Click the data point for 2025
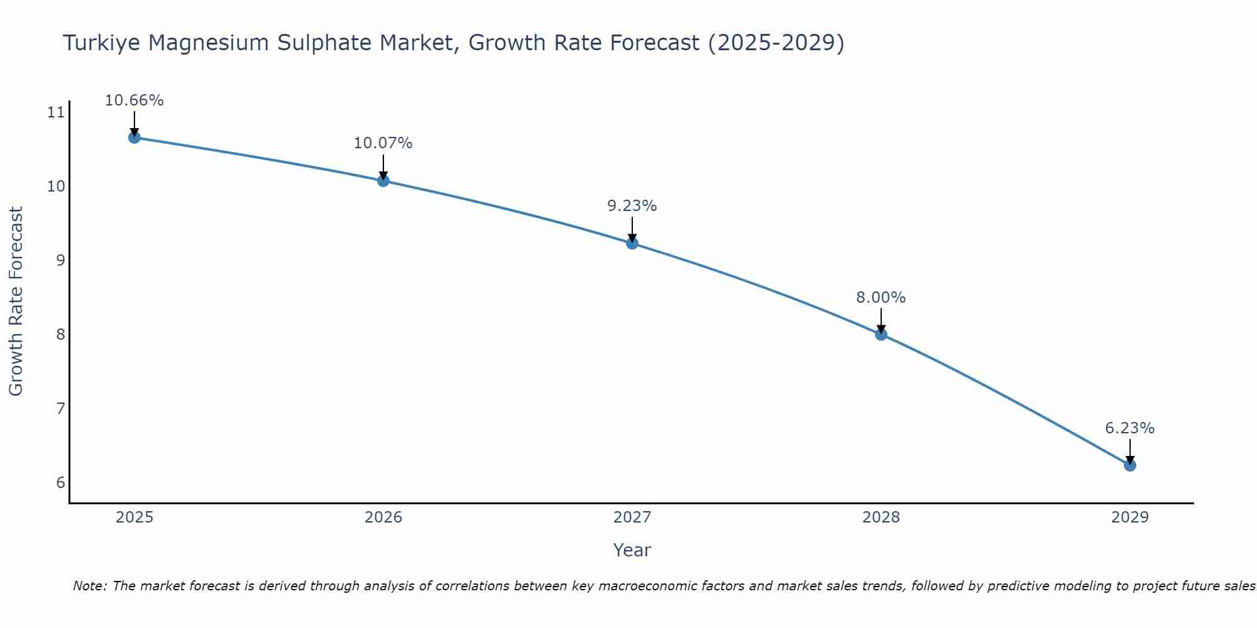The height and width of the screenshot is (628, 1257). pyautogui.click(x=134, y=138)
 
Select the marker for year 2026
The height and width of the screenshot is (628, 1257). pyautogui.click(x=383, y=181)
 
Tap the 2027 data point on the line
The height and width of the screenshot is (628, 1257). pyautogui.click(x=632, y=243)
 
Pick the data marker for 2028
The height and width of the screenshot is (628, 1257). pyautogui.click(x=881, y=334)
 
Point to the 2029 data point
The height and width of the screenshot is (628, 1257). pyautogui.click(x=1129, y=465)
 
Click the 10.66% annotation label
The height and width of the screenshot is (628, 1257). pyautogui.click(x=134, y=100)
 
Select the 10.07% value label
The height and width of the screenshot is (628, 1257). pyautogui.click(x=383, y=143)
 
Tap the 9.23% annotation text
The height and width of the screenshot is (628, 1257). pyautogui.click(x=632, y=206)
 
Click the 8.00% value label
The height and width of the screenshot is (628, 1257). pyautogui.click(x=881, y=298)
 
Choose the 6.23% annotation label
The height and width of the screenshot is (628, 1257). pyautogui.click(x=1129, y=428)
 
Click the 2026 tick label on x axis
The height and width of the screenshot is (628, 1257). pyautogui.click(x=383, y=517)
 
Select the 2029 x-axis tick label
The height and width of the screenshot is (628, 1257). pyautogui.click(x=1129, y=517)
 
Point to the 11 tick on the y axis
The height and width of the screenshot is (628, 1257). pyautogui.click(x=56, y=113)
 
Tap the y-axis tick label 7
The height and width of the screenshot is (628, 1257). pyautogui.click(x=60, y=409)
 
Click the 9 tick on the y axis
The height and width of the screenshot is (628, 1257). pyautogui.click(x=60, y=261)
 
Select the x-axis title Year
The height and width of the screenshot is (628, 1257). pyautogui.click(x=632, y=550)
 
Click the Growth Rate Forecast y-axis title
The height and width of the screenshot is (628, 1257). pyautogui.click(x=16, y=301)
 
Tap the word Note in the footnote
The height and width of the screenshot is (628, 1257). pyautogui.click(x=89, y=586)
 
